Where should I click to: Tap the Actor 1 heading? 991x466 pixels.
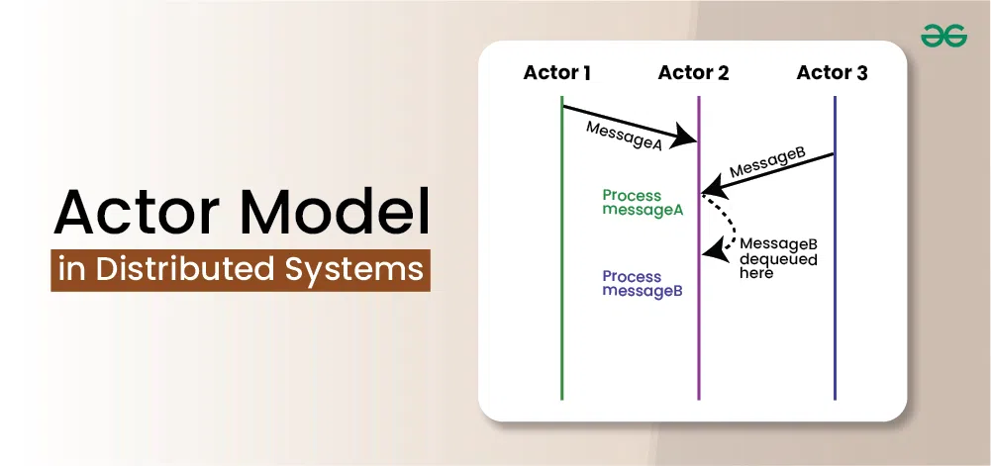[x=557, y=73]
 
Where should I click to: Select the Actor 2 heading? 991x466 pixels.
[x=693, y=73]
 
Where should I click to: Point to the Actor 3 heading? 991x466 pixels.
[x=832, y=73]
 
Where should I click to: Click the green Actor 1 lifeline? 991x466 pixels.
[x=561, y=297]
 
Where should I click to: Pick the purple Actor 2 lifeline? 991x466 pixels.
[x=699, y=336]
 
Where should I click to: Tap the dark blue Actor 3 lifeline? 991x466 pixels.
[x=835, y=297]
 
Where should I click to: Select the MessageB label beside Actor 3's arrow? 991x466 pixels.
[x=767, y=164]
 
